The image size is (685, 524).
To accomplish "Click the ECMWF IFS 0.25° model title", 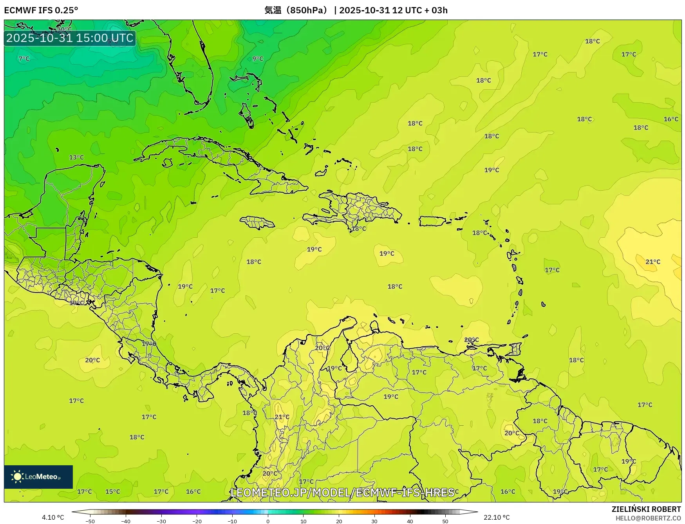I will coord(41,10).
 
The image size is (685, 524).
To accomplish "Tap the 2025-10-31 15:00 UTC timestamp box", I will coord(70,38).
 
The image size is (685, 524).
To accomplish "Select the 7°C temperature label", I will coord(24,59).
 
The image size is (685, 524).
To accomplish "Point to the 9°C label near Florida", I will coord(258,59).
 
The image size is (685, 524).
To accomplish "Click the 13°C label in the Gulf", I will coord(76,157).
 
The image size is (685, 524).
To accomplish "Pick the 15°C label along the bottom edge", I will coord(113,491).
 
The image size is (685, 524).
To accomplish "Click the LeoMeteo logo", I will coord(38,477).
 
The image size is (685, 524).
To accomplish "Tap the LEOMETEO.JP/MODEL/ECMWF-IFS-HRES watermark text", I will coord(342,492).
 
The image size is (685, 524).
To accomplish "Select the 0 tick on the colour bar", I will coord(268,521).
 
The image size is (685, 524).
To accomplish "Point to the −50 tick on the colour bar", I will coord(90,521).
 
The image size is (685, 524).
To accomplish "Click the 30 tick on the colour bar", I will coord(374,521).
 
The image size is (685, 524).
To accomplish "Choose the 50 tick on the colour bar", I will coord(445,521).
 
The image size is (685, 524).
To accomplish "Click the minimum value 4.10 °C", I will coord(53,517).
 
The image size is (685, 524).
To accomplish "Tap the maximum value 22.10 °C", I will coord(497,517).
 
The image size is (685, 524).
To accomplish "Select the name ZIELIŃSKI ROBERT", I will coord(646,509).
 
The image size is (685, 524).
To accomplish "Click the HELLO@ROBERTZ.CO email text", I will coord(648,518).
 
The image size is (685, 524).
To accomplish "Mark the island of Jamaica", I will coord(257,222).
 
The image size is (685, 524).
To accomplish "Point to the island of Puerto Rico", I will coord(432,221).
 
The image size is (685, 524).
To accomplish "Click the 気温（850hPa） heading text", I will coord(296,10).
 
